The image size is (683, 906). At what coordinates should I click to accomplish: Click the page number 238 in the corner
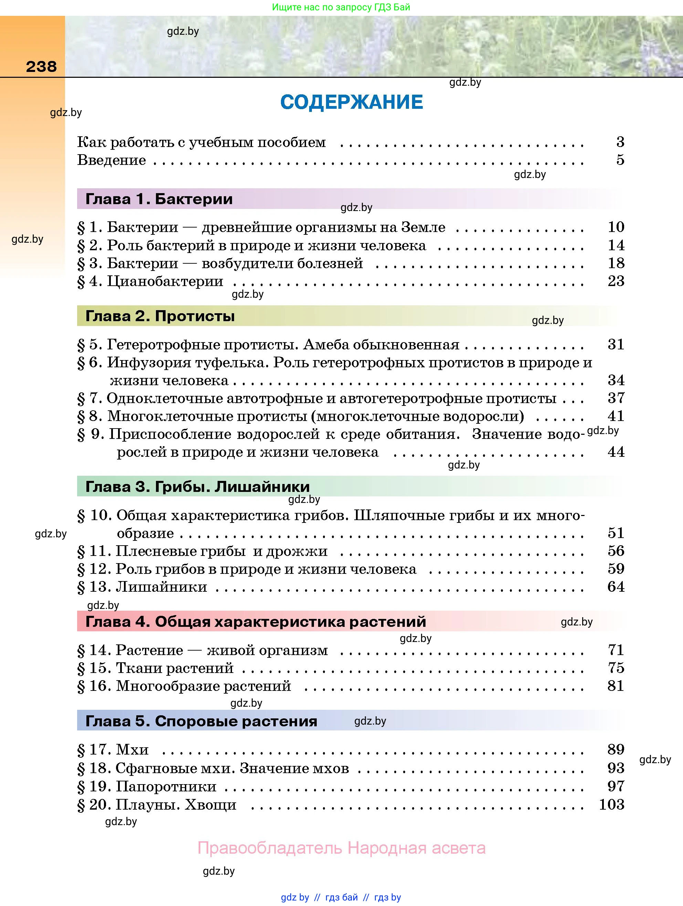pyautogui.click(x=41, y=66)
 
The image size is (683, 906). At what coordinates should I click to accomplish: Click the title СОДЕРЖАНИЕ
pyautogui.click(x=351, y=102)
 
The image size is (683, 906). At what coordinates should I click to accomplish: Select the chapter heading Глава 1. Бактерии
pyautogui.click(x=159, y=199)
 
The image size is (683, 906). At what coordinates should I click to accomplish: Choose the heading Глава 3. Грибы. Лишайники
pyautogui.click(x=198, y=487)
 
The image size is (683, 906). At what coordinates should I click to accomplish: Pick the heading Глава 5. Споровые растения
pyautogui.click(x=201, y=721)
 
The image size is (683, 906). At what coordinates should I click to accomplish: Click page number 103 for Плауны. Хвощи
pyautogui.click(x=612, y=804)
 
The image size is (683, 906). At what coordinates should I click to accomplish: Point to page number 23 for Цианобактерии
pyautogui.click(x=616, y=281)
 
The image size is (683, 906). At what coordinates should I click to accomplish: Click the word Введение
pyautogui.click(x=112, y=160)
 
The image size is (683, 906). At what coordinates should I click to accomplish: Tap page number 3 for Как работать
pyautogui.click(x=620, y=142)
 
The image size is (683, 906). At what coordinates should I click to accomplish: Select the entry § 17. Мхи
pyautogui.click(x=113, y=749)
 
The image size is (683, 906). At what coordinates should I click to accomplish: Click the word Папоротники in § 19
pyautogui.click(x=166, y=787)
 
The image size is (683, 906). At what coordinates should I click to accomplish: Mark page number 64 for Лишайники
pyautogui.click(x=616, y=587)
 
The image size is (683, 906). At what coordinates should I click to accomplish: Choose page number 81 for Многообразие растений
pyautogui.click(x=616, y=686)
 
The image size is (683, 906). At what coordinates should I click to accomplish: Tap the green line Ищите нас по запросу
pyautogui.click(x=341, y=7)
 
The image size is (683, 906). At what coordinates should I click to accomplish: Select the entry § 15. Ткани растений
pyautogui.click(x=155, y=668)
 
